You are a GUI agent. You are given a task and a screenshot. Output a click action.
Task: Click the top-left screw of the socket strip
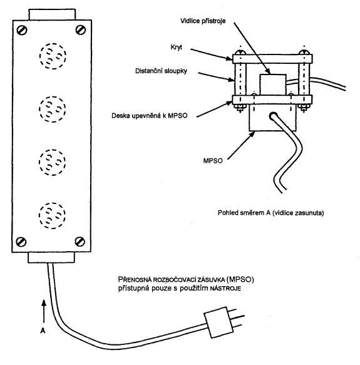[22, 30]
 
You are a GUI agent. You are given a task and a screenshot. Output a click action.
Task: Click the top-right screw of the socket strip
[81, 30]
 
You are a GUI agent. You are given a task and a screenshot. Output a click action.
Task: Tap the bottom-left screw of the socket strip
[21, 242]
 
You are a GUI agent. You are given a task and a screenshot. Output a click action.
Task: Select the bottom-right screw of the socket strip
[80, 242]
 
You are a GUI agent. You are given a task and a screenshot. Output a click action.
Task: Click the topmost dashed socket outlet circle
[53, 56]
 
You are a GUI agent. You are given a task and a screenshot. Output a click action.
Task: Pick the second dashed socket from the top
[53, 109]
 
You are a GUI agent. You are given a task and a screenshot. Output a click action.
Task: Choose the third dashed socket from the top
[53, 162]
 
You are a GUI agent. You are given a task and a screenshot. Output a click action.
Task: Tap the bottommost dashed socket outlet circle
[52, 215]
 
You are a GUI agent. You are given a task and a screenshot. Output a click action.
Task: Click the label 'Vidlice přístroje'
[203, 21]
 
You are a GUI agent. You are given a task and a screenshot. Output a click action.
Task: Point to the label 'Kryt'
[177, 48]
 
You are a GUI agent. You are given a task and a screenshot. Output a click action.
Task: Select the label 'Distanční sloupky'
[161, 71]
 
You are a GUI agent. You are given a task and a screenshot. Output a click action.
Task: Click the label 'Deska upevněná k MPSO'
[150, 116]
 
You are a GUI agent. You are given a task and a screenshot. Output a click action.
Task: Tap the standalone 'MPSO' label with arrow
[213, 161]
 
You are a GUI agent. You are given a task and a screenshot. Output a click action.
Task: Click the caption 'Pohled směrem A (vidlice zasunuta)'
[271, 213]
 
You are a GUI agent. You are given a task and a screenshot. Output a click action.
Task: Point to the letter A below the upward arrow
[43, 331]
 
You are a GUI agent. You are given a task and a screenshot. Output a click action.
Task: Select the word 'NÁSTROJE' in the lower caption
[225, 289]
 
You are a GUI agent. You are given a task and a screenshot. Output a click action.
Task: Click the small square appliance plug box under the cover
[273, 85]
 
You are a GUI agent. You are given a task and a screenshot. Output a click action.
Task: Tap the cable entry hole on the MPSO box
[273, 116]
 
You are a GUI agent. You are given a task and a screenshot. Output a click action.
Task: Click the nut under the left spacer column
[240, 107]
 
